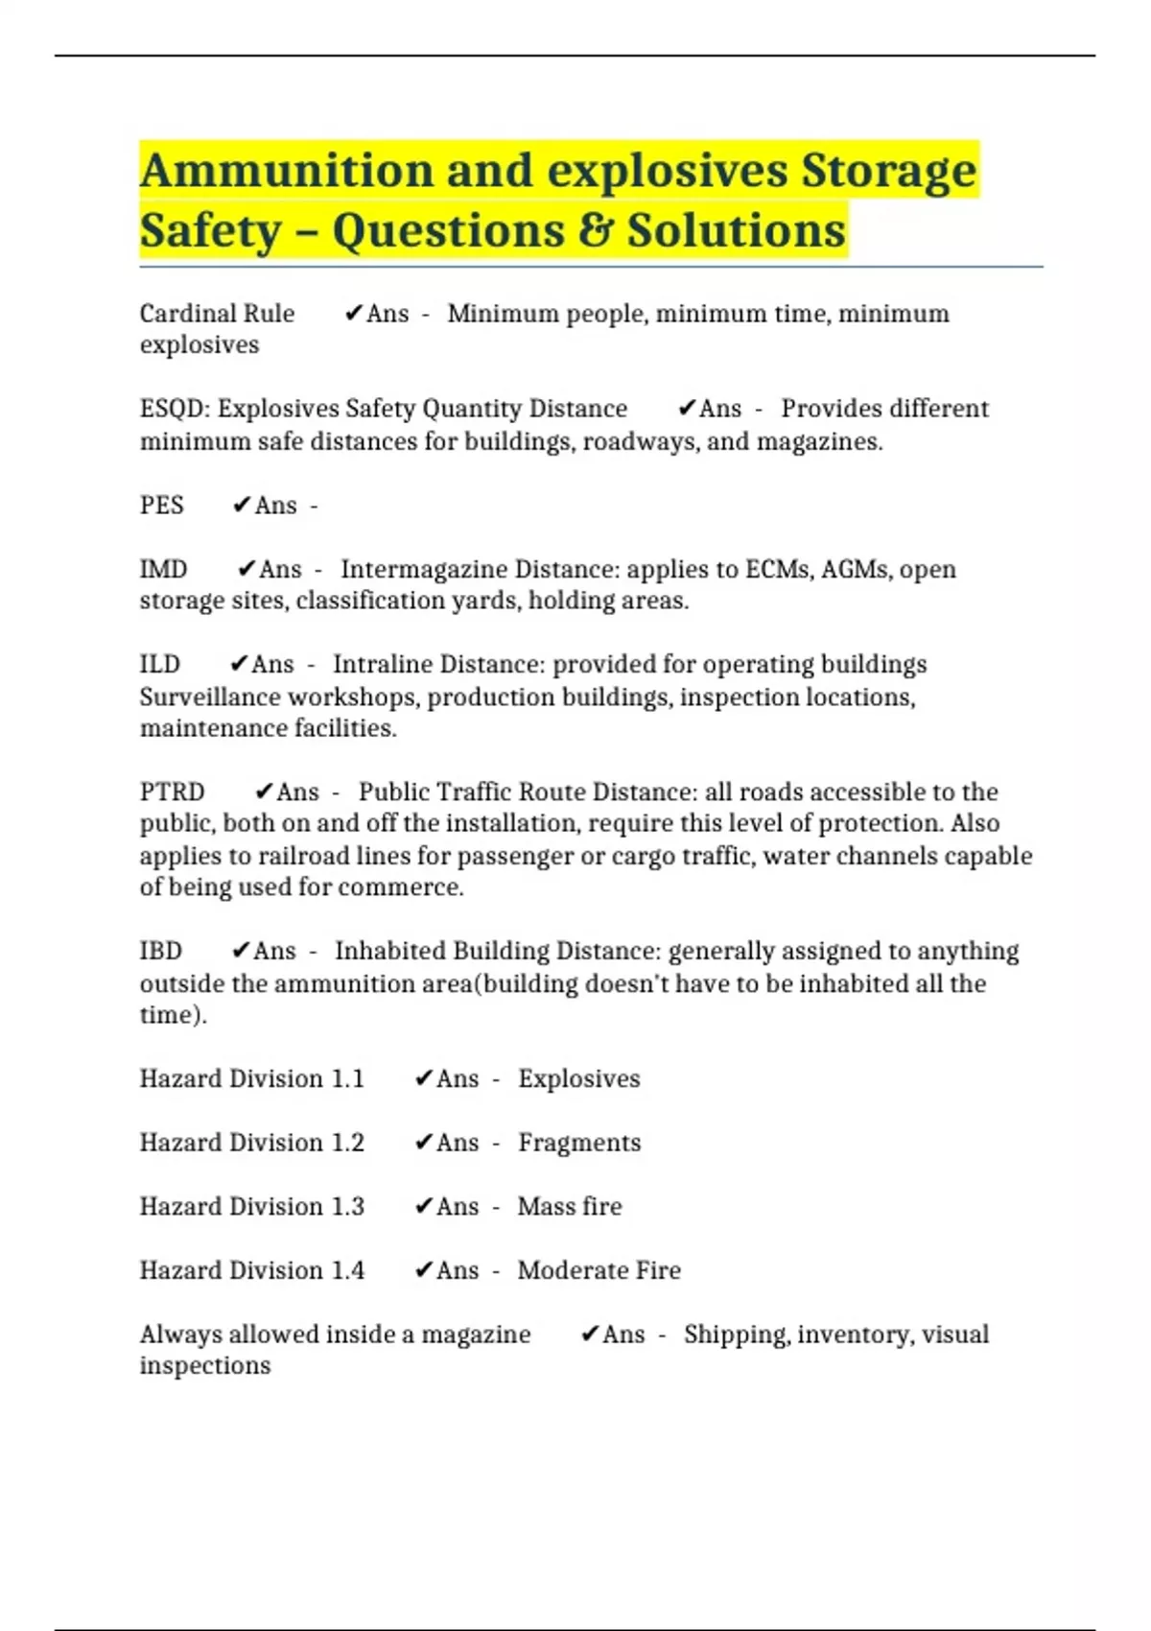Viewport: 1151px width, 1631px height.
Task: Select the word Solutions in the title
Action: (736, 231)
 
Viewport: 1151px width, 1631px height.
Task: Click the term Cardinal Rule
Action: (217, 314)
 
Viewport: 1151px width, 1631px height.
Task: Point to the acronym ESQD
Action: (173, 409)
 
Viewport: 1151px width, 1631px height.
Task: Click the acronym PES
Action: (161, 506)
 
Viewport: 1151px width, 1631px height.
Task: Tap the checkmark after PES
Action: (241, 506)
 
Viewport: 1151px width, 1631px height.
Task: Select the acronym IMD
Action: (163, 570)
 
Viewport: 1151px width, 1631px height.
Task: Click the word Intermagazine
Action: (423, 570)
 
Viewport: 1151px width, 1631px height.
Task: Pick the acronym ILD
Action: (159, 665)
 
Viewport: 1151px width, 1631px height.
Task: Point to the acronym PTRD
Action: (172, 792)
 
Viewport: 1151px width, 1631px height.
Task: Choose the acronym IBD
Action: (160, 951)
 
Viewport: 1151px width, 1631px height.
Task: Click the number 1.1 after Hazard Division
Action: (347, 1079)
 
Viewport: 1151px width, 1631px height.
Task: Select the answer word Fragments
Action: (579, 1143)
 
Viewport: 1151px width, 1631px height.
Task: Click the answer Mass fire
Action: (570, 1206)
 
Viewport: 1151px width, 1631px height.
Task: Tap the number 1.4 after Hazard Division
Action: (347, 1270)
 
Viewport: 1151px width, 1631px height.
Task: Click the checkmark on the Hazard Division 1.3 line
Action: (423, 1206)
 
